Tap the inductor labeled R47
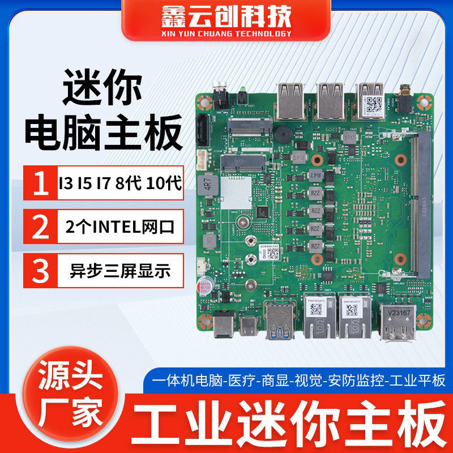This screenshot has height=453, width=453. [316, 176]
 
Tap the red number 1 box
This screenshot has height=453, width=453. [39, 183]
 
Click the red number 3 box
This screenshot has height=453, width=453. [39, 270]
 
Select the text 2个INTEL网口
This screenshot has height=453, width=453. [119, 227]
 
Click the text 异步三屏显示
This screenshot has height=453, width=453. [119, 270]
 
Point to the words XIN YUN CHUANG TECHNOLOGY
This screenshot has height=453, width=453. [226, 33]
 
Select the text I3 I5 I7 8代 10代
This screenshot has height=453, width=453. [119, 183]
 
